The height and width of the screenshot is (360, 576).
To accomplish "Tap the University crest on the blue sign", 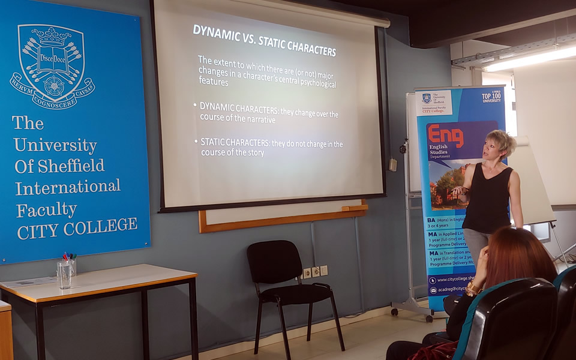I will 52,67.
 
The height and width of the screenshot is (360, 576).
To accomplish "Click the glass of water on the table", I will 64,275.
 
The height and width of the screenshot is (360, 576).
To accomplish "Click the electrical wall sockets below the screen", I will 315,272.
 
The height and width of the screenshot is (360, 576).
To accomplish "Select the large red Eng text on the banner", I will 446,135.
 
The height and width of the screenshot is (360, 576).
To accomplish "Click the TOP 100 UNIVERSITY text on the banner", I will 491,97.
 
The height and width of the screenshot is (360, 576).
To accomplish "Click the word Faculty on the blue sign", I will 47,211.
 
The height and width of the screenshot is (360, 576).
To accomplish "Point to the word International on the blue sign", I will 68,188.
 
